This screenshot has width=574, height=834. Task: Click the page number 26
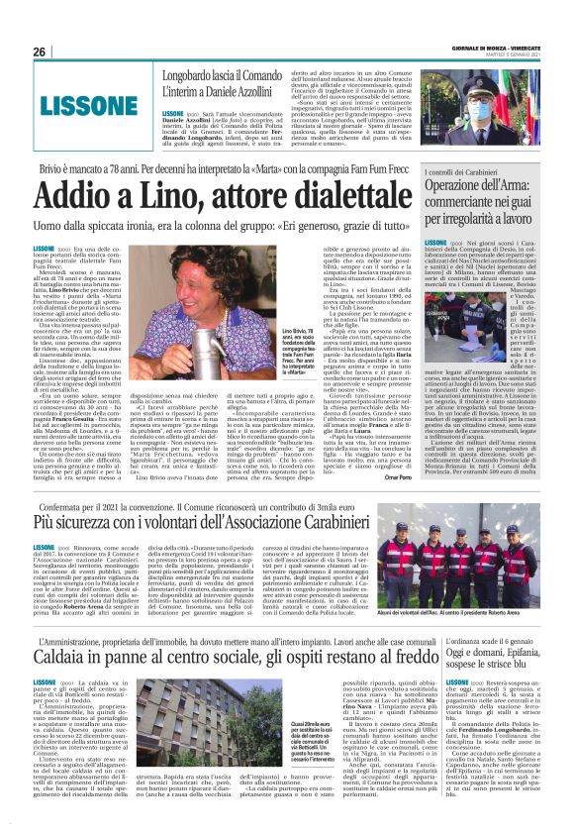pyautogui.click(x=39, y=51)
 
